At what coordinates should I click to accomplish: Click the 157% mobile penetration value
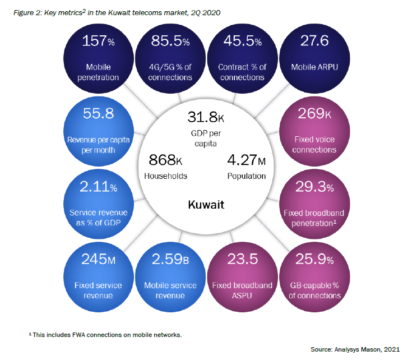coord(99,41)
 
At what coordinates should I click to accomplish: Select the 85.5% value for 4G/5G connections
coord(170,41)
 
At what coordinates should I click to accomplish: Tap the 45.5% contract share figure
coord(242,41)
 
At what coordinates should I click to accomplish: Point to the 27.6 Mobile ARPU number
coord(314,41)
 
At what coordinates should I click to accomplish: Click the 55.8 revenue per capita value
coord(98,114)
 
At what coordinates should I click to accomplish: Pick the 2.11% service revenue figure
coord(98,187)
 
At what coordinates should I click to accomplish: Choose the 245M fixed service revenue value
coord(98,260)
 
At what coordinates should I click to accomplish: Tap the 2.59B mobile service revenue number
coord(170,260)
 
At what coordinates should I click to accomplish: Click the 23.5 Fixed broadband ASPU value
coord(242,260)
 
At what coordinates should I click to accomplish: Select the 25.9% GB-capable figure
coord(314,260)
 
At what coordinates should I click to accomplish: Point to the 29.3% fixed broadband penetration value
coord(314,187)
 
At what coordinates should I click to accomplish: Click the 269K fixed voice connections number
coord(314,114)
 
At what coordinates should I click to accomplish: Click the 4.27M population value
coord(246,160)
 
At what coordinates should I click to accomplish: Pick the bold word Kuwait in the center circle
coord(206,204)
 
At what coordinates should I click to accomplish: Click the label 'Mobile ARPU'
coord(314,67)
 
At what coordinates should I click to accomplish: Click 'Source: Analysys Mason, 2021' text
coord(355,349)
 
